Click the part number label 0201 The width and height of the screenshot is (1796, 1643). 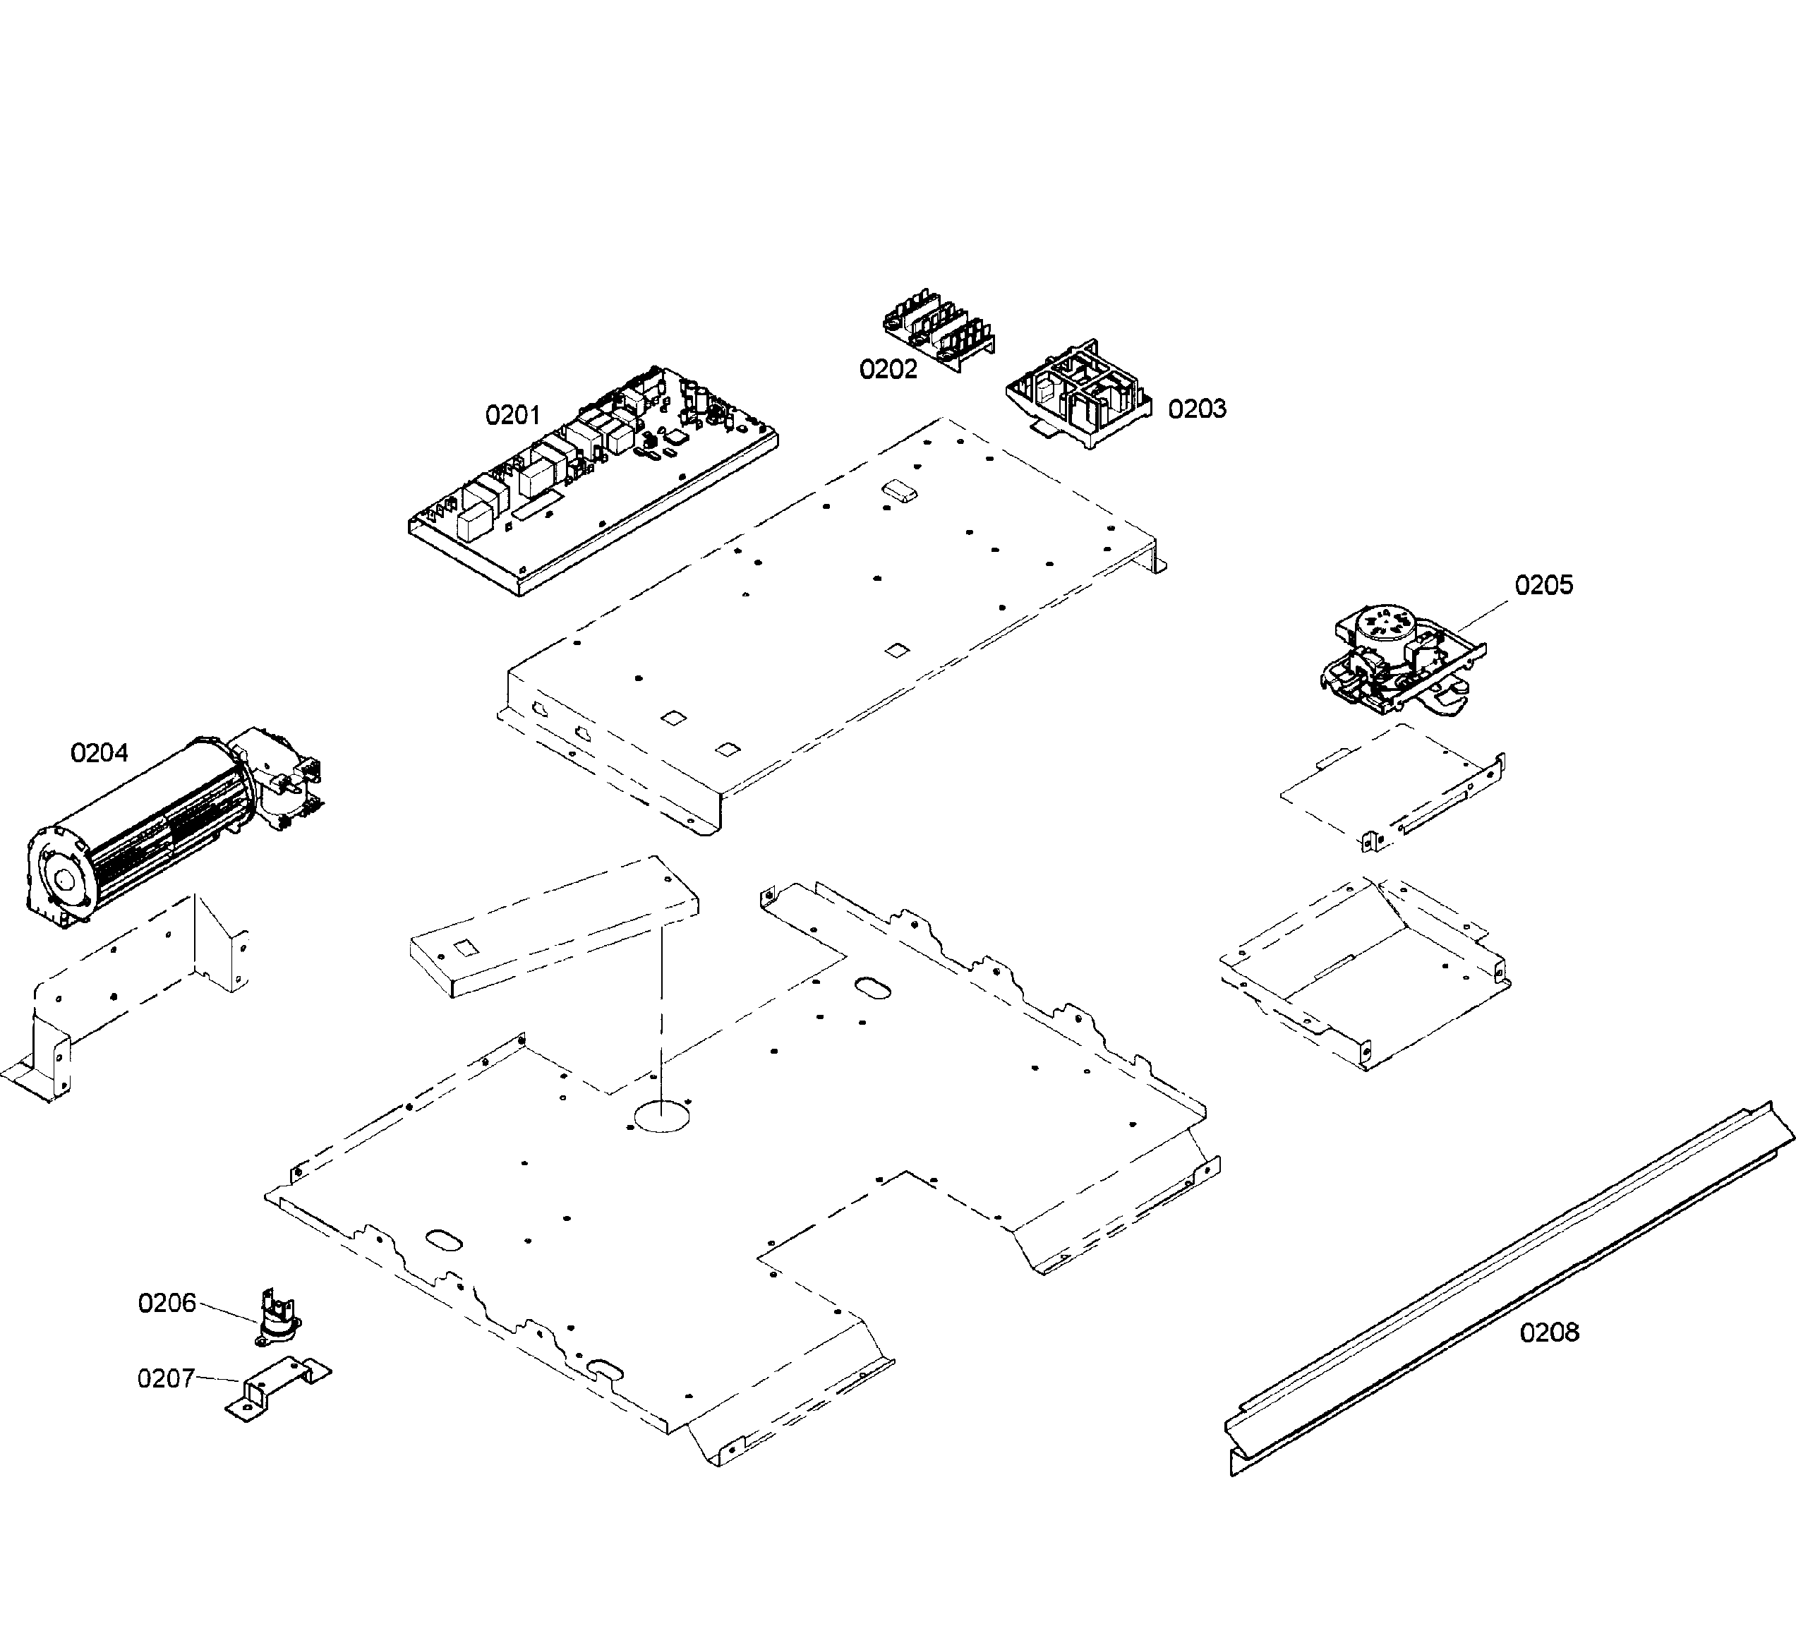[x=512, y=414]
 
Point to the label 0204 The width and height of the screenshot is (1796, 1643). [x=99, y=753]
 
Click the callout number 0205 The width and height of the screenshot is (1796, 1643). [x=1544, y=584]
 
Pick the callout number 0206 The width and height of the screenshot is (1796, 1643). [x=167, y=1303]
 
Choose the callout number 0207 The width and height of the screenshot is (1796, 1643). [x=166, y=1378]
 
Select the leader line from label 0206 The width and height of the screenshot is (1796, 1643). [x=227, y=1313]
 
